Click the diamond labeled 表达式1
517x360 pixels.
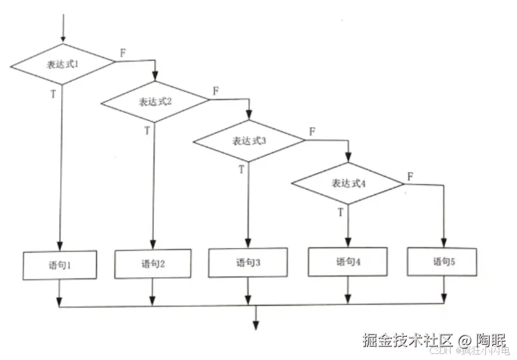pyautogui.click(x=62, y=63)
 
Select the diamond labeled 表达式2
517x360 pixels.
pyautogui.click(x=155, y=101)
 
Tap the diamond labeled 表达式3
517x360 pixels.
pyautogui.click(x=248, y=141)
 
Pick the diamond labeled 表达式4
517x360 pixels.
pyautogui.click(x=348, y=183)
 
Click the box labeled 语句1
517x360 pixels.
pyautogui.click(x=60, y=265)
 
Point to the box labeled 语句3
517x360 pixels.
pyautogui.click(x=248, y=263)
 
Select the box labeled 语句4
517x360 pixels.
pyautogui.click(x=348, y=262)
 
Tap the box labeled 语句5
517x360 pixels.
pyautogui.click(x=442, y=262)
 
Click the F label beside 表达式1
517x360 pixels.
pyautogui.click(x=123, y=52)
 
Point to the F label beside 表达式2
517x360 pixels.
pyautogui.click(x=216, y=91)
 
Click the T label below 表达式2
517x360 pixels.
pyautogui.click(x=147, y=130)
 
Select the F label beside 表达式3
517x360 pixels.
pyautogui.click(x=312, y=131)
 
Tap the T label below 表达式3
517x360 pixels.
pyautogui.click(x=241, y=169)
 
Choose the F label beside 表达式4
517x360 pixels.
pyautogui.click(x=410, y=175)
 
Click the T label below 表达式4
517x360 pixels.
pyautogui.click(x=340, y=212)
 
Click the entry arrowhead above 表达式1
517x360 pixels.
pyautogui.click(x=62, y=39)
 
